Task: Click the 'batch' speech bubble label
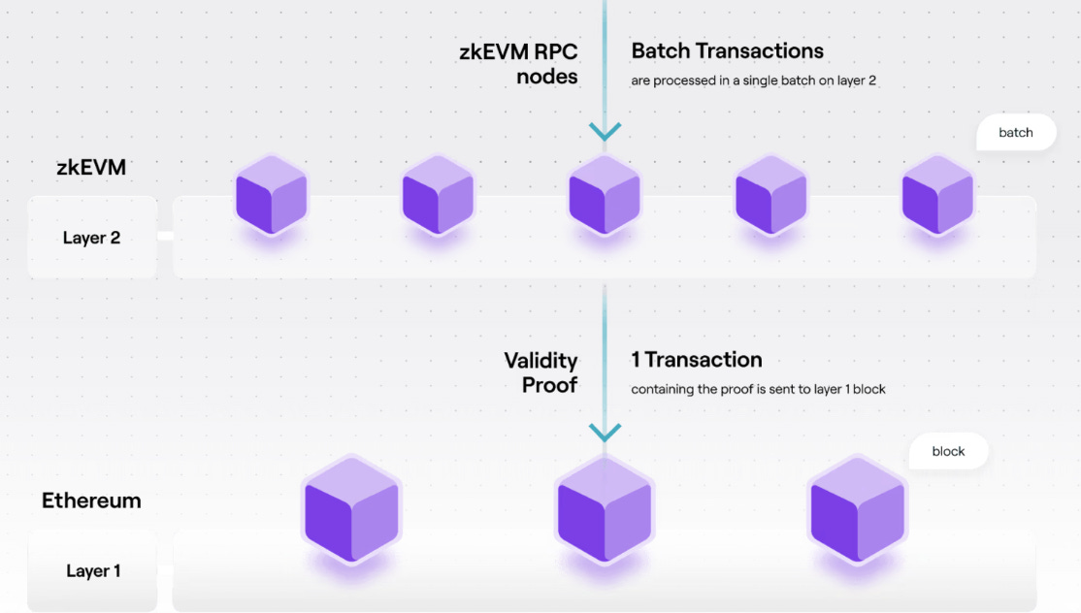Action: tap(1015, 133)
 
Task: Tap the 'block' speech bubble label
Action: tap(948, 452)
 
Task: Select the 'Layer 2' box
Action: tap(92, 238)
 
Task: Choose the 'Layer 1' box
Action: tap(93, 570)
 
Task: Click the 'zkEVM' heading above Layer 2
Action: tap(90, 167)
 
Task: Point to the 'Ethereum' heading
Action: tap(91, 500)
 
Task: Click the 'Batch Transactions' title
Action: tap(727, 51)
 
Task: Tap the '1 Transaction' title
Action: tap(696, 360)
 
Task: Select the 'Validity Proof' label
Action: tap(540, 372)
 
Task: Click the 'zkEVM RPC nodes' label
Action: tap(519, 63)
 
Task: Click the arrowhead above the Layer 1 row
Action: tap(605, 433)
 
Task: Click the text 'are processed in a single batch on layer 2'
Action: tap(753, 81)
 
